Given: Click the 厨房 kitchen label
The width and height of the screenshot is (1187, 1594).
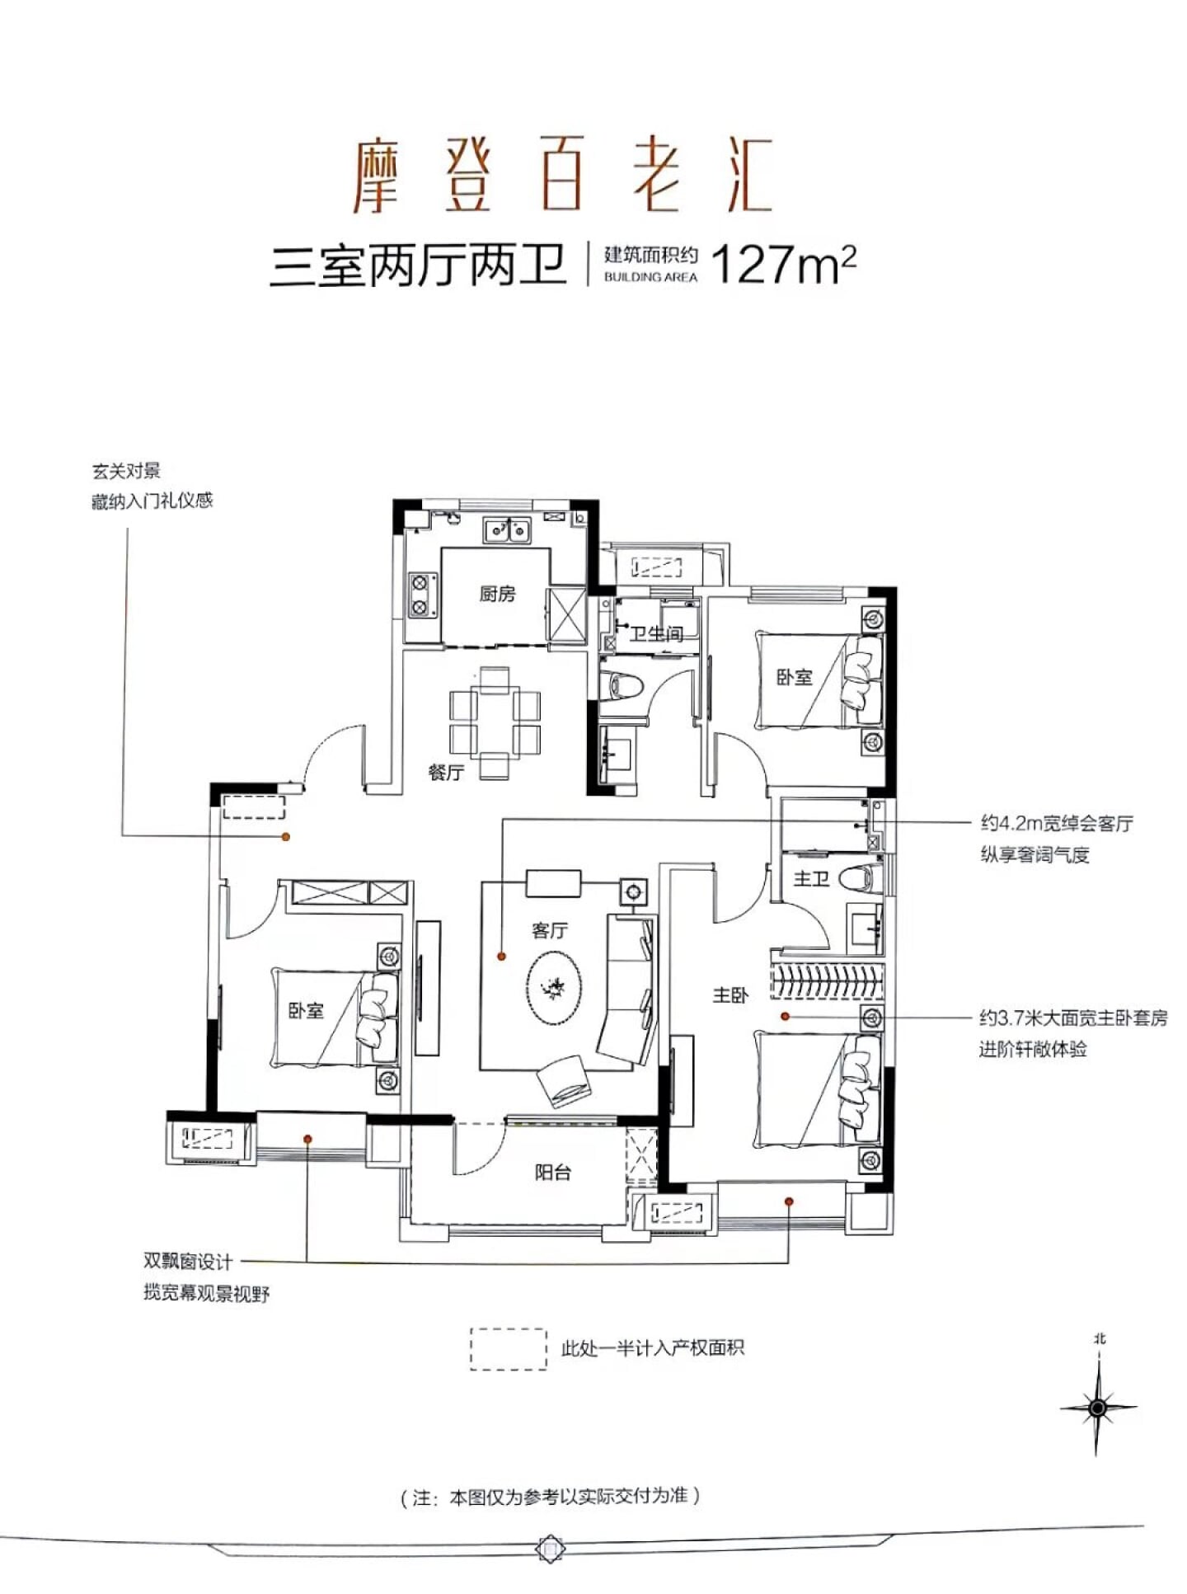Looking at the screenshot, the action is [497, 593].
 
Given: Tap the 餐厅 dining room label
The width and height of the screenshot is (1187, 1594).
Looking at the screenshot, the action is [446, 773].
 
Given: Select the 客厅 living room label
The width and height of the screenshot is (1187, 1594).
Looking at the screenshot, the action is [550, 930].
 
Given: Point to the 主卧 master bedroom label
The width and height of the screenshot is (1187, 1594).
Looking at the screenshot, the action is [730, 995].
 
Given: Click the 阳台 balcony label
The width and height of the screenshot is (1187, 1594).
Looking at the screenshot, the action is [552, 1172].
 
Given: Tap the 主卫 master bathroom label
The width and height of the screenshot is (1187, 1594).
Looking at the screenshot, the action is [811, 879].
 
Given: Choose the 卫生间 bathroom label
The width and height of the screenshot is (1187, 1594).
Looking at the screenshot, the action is [657, 633].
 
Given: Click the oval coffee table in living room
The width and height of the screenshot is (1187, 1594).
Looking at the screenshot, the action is [554, 987].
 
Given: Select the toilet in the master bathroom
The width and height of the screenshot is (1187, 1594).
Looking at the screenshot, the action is [857, 877].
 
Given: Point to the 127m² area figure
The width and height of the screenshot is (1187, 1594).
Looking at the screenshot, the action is [783, 264].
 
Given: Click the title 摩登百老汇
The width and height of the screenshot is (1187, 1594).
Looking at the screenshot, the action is [563, 175].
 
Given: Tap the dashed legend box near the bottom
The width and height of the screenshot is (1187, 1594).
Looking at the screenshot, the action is [508, 1349].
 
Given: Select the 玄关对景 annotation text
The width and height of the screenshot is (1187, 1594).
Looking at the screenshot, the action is [126, 472].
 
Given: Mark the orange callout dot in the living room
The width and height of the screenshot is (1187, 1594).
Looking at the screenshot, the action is [501, 957].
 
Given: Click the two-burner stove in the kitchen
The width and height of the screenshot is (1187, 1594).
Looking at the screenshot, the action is [420, 596].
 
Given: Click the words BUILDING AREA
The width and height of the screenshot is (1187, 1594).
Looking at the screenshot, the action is [650, 277].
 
